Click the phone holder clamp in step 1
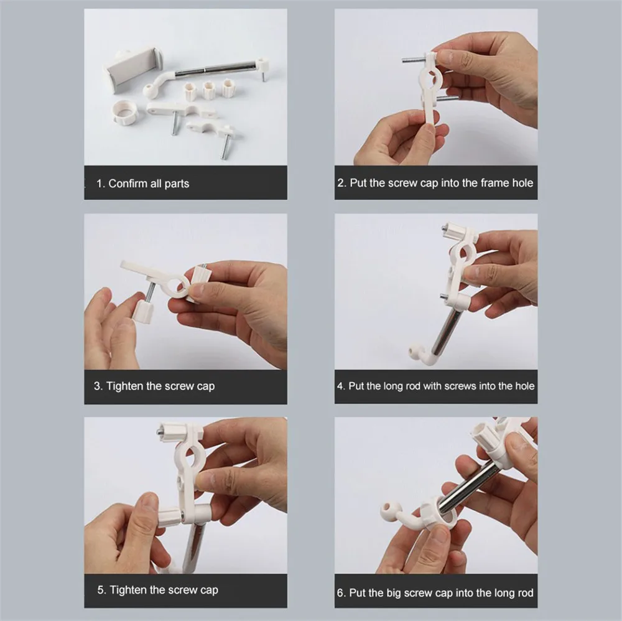131,70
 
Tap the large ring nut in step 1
124,113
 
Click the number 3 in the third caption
97,386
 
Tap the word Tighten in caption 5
129,590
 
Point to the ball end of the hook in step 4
414,351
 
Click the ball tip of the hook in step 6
387,510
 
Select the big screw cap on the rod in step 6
439,515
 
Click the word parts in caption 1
177,184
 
